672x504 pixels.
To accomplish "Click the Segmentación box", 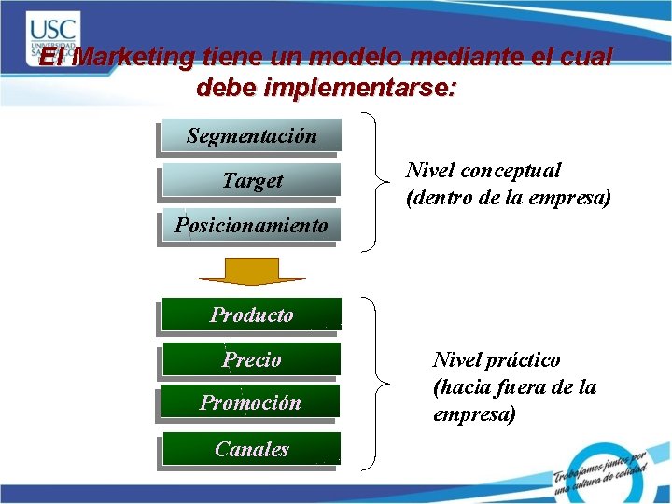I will tap(250, 135).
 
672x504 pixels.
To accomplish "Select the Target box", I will tap(250, 181).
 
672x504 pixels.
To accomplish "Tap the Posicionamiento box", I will tap(250, 226).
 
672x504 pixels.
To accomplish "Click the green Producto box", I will tap(250, 315).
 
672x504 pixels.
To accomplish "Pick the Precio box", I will tap(250, 360).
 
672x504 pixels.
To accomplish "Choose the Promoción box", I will tap(250, 403).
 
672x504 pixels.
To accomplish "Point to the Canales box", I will tap(250, 449).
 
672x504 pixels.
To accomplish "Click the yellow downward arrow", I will tap(251, 271).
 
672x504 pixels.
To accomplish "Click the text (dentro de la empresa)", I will tap(508, 198).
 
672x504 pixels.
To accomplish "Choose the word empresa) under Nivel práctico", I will tap(474, 414).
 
